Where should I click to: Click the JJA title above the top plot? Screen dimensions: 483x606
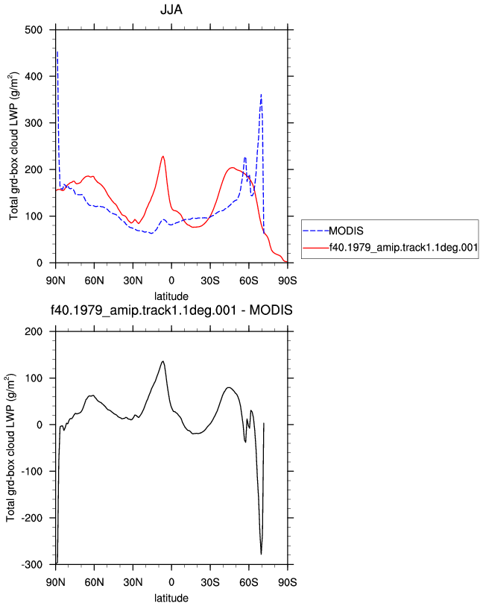171,9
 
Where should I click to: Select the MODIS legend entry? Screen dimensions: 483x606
333,231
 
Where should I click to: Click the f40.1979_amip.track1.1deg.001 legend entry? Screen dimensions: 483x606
391,247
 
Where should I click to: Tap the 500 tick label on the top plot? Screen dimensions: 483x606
34,30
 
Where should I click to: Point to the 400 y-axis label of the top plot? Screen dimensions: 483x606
34,77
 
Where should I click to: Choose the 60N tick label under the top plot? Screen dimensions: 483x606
94,281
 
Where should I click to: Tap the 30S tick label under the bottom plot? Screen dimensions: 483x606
210,582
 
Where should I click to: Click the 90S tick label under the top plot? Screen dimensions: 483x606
288,281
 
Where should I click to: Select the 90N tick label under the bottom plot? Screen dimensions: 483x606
56,582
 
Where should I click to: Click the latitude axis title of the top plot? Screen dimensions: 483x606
171,296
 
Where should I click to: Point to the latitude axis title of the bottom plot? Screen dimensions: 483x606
171,599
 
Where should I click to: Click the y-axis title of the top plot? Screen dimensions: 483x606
13,146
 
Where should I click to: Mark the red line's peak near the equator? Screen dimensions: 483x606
163,157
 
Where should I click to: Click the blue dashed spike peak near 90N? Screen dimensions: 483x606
57,51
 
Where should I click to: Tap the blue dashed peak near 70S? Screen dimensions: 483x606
262,95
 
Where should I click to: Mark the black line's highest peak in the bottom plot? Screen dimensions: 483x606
163,361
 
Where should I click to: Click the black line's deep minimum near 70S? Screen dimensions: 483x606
262,554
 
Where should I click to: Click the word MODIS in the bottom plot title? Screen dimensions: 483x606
271,310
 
